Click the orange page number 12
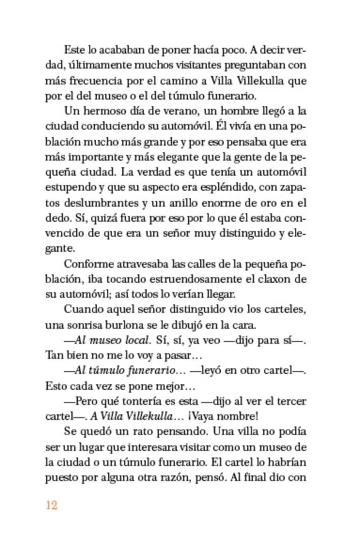[x=52, y=505]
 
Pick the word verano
[x=166, y=111]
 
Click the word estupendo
[x=70, y=187]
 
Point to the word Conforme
[x=88, y=264]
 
